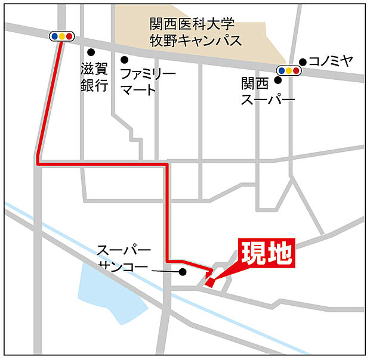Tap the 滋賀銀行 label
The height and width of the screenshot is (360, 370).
coord(94,77)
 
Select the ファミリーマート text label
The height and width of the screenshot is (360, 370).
coord(148,82)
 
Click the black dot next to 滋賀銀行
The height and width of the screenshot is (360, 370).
coord(91,52)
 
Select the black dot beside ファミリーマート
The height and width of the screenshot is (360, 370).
coord(125,60)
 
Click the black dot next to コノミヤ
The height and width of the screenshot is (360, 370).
coord(303,61)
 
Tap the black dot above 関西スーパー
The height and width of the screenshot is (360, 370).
coord(277,79)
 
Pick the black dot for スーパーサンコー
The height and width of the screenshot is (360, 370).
coord(183,272)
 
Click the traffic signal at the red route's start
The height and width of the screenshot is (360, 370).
coord(62,36)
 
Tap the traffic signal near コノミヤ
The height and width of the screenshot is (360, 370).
coord(288,70)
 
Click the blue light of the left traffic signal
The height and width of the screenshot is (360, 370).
coord(55,36)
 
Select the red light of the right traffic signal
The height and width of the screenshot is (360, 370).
coord(296,70)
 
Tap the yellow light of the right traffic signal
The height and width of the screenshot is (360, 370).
coord(288,70)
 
